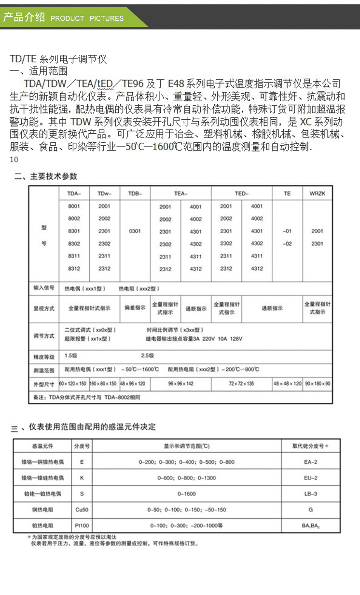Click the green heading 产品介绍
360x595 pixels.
[24, 18]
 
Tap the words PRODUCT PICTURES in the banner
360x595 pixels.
[87, 18]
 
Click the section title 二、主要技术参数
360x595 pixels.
[45, 176]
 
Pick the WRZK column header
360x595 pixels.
[317, 194]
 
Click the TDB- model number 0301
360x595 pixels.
[135, 231]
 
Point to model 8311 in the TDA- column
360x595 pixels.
[74, 256]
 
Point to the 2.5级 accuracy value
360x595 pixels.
[147, 356]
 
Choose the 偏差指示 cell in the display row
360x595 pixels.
[135, 308]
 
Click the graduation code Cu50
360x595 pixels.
[82, 510]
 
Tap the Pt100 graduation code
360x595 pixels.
[82, 525]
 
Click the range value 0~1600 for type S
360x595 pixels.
[186, 494]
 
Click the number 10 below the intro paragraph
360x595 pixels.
[14, 160]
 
